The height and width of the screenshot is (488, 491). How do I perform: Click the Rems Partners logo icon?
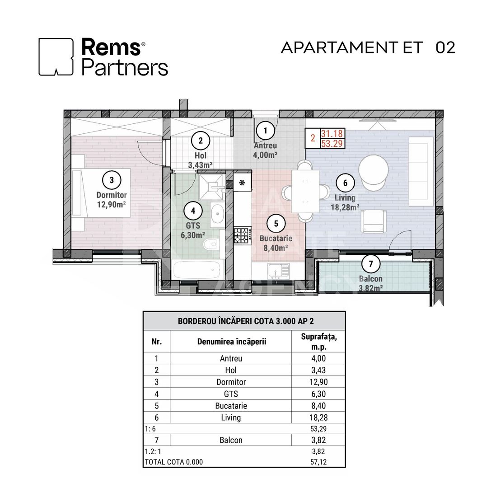tap(56, 56)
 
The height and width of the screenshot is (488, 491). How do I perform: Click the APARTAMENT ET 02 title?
tap(368, 47)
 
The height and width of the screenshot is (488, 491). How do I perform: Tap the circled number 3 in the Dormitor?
tap(112, 180)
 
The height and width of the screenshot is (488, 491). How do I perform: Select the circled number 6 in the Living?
tap(345, 183)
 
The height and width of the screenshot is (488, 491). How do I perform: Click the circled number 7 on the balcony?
tap(371, 263)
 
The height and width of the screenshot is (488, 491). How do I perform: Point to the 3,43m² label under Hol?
tap(201, 164)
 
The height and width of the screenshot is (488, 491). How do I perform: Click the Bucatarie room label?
tap(276, 238)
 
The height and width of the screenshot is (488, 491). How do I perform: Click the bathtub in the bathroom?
tap(199, 270)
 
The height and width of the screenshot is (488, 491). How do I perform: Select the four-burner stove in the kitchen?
tap(242, 235)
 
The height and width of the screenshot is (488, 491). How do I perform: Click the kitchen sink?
tap(276, 271)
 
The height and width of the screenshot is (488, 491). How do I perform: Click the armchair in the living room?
tap(374, 222)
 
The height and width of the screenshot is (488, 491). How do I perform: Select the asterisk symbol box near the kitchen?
tap(242, 183)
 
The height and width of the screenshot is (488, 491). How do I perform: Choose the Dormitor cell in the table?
tap(231, 382)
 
